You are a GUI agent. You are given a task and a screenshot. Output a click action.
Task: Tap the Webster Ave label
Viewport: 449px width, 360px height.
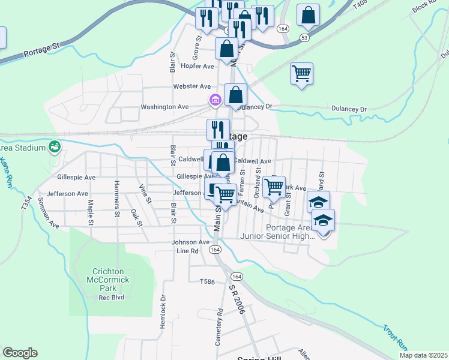192,86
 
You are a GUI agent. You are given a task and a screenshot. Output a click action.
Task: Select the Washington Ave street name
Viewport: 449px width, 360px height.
164,107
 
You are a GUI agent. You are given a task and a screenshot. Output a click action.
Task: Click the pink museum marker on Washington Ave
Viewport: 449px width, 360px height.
214,100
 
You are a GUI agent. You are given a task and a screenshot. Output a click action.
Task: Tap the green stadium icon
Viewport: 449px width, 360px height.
55,146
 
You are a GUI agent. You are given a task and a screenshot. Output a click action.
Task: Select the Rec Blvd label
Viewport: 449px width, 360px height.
110,298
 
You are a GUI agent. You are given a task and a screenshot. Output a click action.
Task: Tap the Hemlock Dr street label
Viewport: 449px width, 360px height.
163,313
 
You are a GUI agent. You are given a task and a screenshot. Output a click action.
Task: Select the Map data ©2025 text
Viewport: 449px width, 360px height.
423,355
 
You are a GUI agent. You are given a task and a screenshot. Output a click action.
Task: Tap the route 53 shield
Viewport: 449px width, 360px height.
305,38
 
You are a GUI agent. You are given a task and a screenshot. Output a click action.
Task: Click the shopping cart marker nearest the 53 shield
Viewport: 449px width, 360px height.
301,74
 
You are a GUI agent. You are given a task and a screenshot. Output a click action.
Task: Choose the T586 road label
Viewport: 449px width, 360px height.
206,281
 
